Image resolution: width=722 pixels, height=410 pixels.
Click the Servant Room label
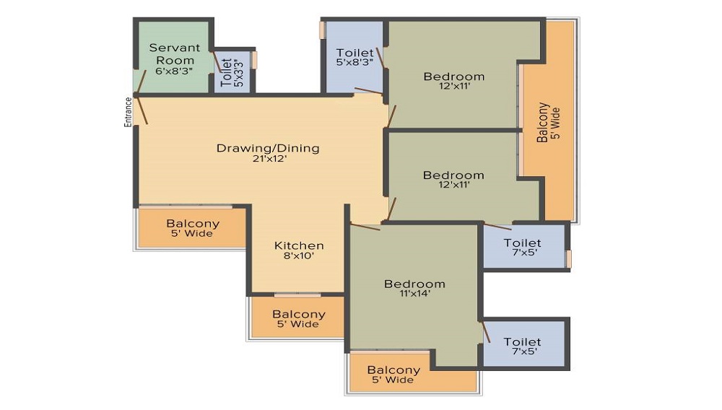click(x=175, y=54)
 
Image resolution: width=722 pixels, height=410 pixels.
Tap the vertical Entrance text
click(x=128, y=112)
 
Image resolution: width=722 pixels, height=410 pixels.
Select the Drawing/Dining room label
click(x=268, y=148)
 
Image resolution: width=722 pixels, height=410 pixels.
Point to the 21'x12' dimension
click(x=270, y=159)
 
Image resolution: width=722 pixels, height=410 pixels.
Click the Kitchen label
click(x=299, y=245)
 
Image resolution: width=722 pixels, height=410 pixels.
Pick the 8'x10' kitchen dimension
click(x=299, y=256)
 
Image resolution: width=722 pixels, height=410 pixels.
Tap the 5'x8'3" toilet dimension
click(x=354, y=63)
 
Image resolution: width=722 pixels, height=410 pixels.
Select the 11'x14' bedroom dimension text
click(x=415, y=294)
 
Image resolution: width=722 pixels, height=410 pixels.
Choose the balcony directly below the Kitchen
click(x=298, y=318)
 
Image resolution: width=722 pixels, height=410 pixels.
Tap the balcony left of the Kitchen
click(x=193, y=228)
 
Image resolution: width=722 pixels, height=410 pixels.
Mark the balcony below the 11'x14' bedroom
click(x=393, y=374)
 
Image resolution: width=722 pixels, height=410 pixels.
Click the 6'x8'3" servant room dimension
click(x=174, y=71)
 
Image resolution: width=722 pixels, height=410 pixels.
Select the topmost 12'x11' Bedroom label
click(x=454, y=81)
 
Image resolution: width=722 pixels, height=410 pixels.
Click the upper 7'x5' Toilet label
click(x=523, y=247)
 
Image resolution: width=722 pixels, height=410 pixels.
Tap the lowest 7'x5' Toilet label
click(x=523, y=346)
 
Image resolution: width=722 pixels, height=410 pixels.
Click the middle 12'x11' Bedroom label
click(x=453, y=180)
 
